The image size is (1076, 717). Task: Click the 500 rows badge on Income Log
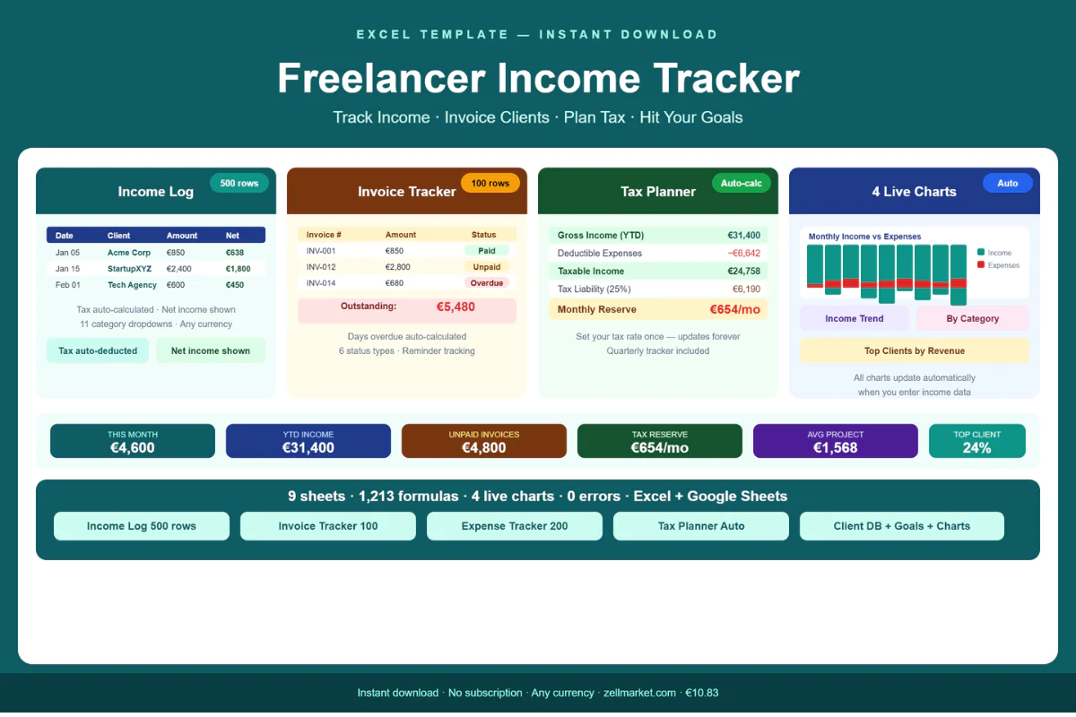point(239,183)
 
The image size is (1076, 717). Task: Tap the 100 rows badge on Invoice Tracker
point(490,183)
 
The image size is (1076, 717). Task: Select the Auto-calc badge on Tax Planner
point(742,183)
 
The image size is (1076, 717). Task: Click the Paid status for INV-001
point(486,251)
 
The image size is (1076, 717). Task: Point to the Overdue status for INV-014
point(486,283)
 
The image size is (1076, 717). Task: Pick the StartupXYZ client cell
point(130,269)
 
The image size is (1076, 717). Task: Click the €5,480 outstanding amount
point(456,307)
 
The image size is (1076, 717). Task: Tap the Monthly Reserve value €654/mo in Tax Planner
point(734,309)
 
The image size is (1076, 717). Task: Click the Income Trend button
point(854,318)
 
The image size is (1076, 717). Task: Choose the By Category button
point(972,318)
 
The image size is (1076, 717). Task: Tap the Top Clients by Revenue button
point(914,350)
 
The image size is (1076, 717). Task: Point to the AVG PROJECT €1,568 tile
point(835,441)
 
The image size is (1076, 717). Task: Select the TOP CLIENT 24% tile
point(976,441)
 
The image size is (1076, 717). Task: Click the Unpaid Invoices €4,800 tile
point(484,441)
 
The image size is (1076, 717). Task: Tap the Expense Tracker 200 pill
point(515,526)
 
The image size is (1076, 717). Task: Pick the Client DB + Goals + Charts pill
point(901,526)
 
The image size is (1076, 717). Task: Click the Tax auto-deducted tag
point(98,350)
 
